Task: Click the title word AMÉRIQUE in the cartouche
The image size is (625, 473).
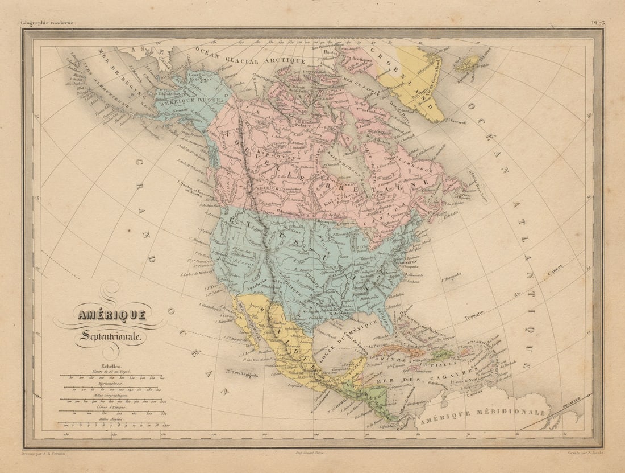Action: pos(112,314)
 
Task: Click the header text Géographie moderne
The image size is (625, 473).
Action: pos(48,23)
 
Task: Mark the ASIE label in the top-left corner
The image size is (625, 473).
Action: pos(144,52)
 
